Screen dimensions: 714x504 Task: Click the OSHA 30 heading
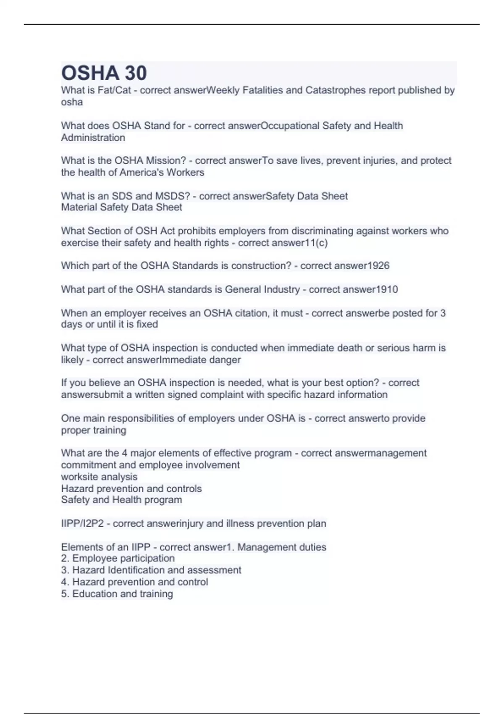[x=104, y=73]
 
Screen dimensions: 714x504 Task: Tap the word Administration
[x=93, y=138]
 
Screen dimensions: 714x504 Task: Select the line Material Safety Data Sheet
[x=121, y=207]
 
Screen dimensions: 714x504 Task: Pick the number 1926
[x=378, y=266]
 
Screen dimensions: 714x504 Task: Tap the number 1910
[x=387, y=289]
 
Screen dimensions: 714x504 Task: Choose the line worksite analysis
[x=99, y=477]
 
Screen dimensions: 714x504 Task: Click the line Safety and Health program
[x=121, y=500]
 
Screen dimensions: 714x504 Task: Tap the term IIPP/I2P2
[x=82, y=524]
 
